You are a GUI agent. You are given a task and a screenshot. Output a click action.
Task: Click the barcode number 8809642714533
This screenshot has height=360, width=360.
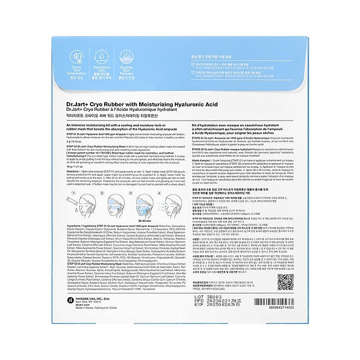284,316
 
